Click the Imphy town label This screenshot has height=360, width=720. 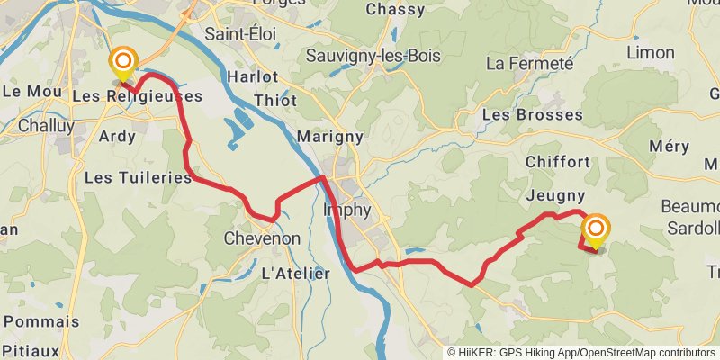point(346,210)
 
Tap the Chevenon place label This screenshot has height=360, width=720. point(261,239)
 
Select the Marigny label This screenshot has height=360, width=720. point(329,137)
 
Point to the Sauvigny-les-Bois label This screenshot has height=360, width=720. point(373,56)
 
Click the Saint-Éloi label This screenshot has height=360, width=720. point(240,34)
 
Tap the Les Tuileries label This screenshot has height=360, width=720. point(138,178)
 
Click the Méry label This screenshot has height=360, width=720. point(667,147)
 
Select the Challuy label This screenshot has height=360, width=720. point(46,126)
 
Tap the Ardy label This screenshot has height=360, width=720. point(118,137)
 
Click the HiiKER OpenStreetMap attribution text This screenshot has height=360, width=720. point(580,353)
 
